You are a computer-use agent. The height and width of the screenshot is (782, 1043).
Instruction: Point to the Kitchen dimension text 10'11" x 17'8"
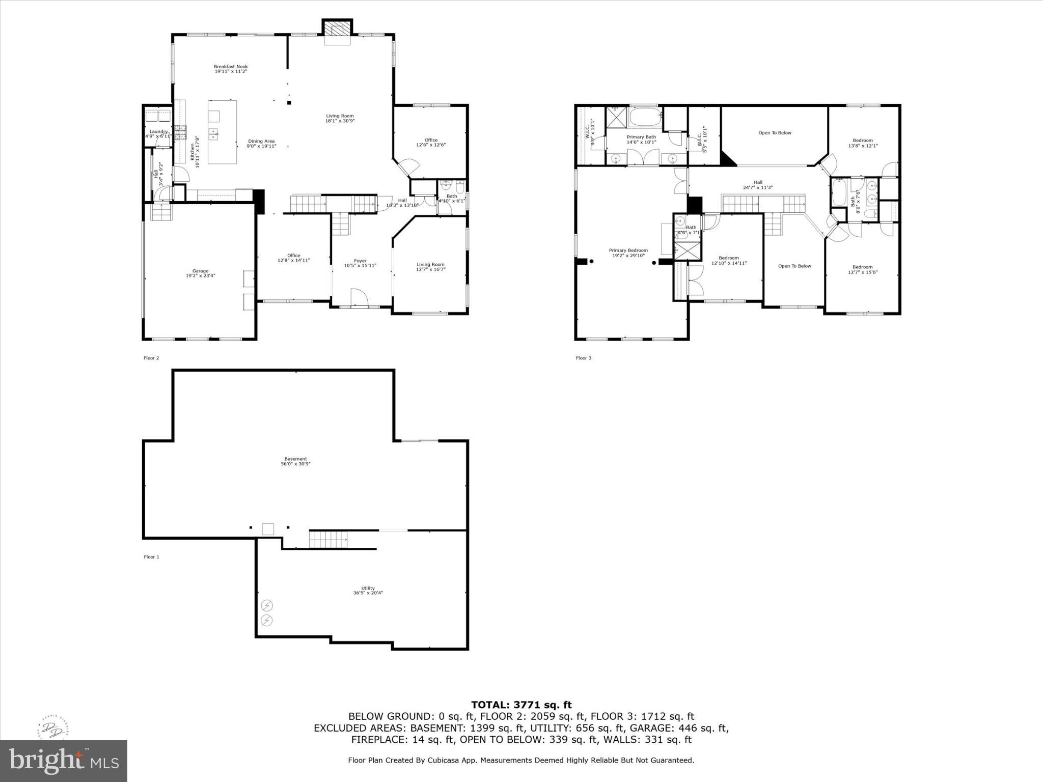point(197,151)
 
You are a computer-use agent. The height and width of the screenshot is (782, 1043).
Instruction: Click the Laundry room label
point(158,132)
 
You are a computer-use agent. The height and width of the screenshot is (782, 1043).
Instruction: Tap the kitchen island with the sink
point(222,132)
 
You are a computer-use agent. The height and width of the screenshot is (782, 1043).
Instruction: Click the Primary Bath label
point(641,137)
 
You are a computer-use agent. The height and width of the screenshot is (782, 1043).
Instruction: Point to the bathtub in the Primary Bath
point(645,118)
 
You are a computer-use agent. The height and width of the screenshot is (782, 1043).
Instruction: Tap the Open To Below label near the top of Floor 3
point(775,133)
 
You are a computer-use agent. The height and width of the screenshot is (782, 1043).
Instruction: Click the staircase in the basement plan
point(328,539)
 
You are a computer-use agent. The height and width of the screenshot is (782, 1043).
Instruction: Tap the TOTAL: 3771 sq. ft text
point(521,705)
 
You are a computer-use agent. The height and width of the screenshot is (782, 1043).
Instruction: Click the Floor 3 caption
point(584,358)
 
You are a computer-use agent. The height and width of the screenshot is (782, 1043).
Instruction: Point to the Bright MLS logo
point(64,761)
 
